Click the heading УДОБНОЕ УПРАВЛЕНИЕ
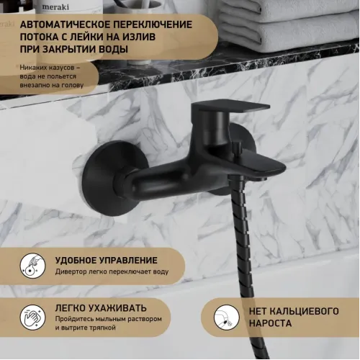pyautogui.click(x=106, y=260)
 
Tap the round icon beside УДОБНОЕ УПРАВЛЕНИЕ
pyautogui.click(x=31, y=266)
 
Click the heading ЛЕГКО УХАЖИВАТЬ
pyautogui.click(x=101, y=307)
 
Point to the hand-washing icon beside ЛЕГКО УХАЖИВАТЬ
pyautogui.click(x=31, y=315)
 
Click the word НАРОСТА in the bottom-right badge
pyautogui.click(x=273, y=324)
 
